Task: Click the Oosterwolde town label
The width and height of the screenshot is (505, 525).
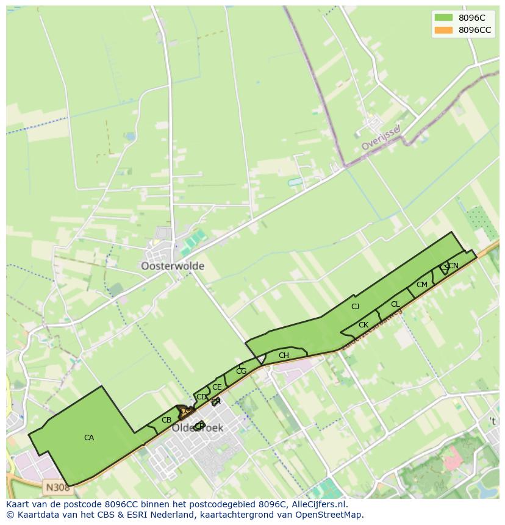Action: point(173,266)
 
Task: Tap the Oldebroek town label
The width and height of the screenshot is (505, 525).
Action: point(197,428)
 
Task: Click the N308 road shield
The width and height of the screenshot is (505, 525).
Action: point(57,487)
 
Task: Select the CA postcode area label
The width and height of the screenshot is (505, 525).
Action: point(89,438)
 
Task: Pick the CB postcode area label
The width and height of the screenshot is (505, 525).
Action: point(167,420)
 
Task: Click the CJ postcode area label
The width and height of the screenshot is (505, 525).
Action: point(356,307)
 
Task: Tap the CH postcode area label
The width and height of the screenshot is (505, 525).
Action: point(284,355)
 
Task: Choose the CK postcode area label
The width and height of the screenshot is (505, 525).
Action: point(364,325)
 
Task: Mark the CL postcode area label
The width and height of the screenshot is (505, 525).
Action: point(395,304)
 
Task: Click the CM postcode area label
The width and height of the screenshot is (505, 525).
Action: point(422,285)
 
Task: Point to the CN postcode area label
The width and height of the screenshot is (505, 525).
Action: point(454,266)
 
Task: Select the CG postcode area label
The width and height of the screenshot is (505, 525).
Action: point(241,371)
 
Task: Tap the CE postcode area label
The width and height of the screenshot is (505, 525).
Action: point(217,387)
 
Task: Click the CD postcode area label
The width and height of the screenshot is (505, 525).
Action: point(201,397)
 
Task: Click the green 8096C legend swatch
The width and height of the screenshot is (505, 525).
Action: point(443,18)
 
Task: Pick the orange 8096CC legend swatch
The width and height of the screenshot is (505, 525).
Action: point(443,30)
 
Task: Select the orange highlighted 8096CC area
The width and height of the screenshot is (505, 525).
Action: point(184,411)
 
